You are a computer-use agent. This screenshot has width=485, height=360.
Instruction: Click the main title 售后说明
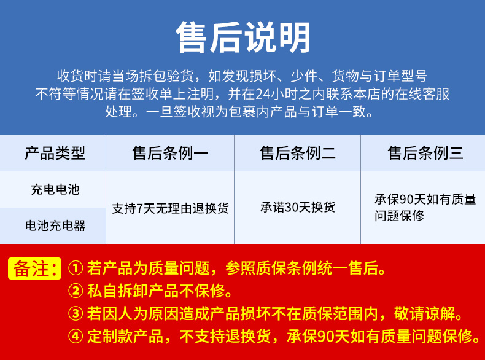[x=243, y=37]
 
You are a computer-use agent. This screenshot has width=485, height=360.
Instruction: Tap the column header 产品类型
[x=55, y=153]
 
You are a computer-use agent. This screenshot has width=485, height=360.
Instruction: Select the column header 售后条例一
[x=171, y=153]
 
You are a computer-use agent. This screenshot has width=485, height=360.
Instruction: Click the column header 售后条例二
[x=298, y=153]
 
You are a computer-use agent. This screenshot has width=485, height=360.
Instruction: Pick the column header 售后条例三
[x=425, y=153]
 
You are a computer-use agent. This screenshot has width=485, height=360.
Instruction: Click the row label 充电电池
[x=55, y=189]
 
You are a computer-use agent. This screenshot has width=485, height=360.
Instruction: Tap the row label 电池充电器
[x=55, y=225]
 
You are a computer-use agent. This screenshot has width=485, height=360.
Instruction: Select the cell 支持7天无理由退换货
[x=171, y=208]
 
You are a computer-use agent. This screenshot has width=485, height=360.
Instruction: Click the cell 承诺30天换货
[x=298, y=207]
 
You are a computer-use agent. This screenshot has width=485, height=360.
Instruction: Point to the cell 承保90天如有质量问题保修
[x=425, y=208]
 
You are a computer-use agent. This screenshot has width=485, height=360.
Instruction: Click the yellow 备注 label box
[x=34, y=268]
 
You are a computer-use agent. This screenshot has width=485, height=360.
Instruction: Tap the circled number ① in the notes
[x=76, y=268]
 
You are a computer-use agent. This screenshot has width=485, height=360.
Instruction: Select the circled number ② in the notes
[x=76, y=291]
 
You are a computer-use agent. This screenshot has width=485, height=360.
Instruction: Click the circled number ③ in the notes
[x=76, y=313]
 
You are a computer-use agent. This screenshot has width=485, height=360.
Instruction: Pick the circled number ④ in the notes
[x=76, y=336]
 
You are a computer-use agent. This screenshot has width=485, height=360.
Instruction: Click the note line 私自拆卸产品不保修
[x=156, y=291]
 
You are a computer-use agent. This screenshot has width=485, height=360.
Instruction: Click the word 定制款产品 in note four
[x=125, y=336]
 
